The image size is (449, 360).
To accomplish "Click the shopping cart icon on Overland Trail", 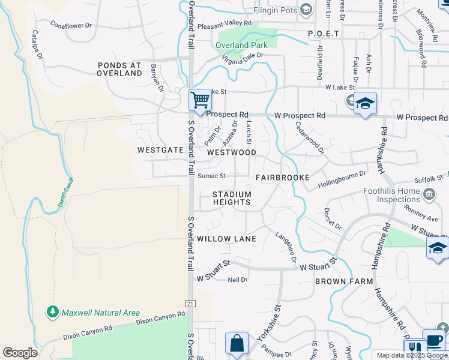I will pos(200,100).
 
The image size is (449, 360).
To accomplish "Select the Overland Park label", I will pos(241,45).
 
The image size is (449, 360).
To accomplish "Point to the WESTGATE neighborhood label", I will pos(160,150).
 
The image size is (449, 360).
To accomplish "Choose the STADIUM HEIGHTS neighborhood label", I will pos(232,198).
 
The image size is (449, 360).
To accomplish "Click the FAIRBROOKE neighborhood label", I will pos(282,178).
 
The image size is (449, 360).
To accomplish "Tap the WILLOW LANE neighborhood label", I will pos(227,239).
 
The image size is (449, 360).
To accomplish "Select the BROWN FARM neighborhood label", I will pos(344,281).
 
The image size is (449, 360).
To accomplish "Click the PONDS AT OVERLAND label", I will pos(120,69).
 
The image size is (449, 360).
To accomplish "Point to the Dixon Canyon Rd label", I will pos(160,318).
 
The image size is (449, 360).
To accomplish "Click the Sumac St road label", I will pos(211,176).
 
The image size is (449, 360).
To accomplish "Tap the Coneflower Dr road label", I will pos(71,26).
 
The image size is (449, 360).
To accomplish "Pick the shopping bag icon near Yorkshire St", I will pos(237,344).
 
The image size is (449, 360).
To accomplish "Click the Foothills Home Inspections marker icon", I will pos(429,194).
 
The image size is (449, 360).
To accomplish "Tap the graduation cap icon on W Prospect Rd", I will pos(364,104).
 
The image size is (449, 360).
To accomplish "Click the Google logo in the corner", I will pos(20,353).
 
